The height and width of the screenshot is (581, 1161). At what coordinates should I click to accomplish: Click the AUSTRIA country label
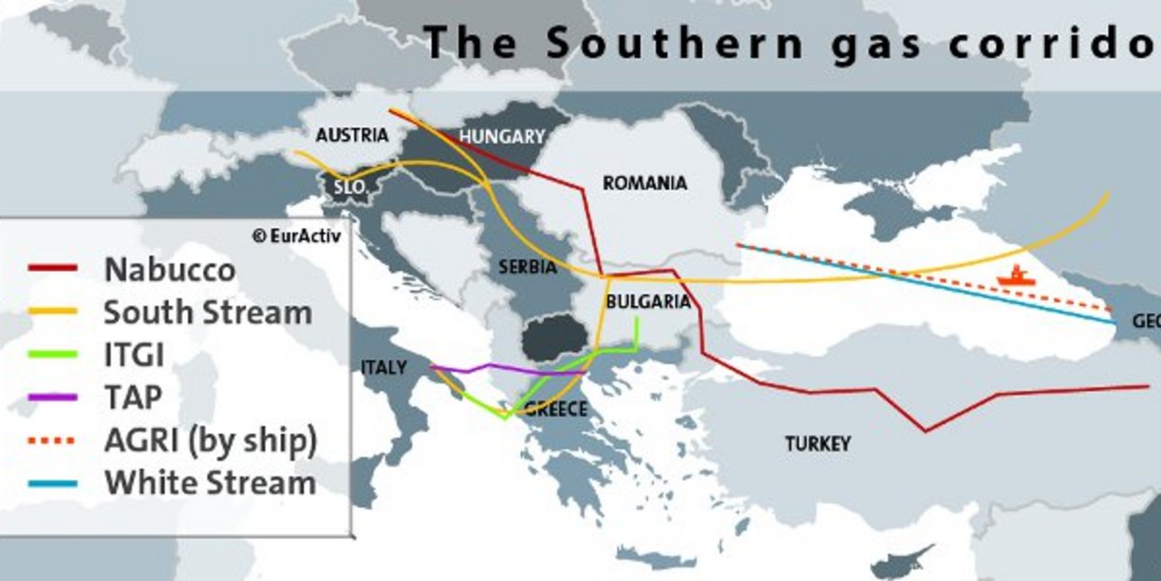click(x=352, y=136)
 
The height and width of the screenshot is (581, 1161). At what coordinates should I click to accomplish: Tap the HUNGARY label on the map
click(x=502, y=137)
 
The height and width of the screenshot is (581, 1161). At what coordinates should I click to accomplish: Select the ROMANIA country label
click(x=644, y=184)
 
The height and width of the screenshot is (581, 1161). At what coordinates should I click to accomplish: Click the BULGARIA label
click(x=648, y=303)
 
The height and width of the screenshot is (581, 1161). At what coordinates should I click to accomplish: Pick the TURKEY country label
click(x=817, y=444)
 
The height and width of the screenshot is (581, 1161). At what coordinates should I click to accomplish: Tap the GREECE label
click(x=555, y=410)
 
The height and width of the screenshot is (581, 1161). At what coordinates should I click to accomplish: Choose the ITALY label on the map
click(x=383, y=368)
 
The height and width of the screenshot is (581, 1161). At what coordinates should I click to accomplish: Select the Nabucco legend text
click(x=169, y=269)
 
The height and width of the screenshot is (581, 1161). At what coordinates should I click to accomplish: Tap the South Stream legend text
click(x=208, y=313)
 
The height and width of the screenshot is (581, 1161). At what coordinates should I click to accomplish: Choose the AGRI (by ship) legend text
click(x=211, y=440)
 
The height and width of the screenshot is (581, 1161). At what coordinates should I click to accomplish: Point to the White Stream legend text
click(x=210, y=483)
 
